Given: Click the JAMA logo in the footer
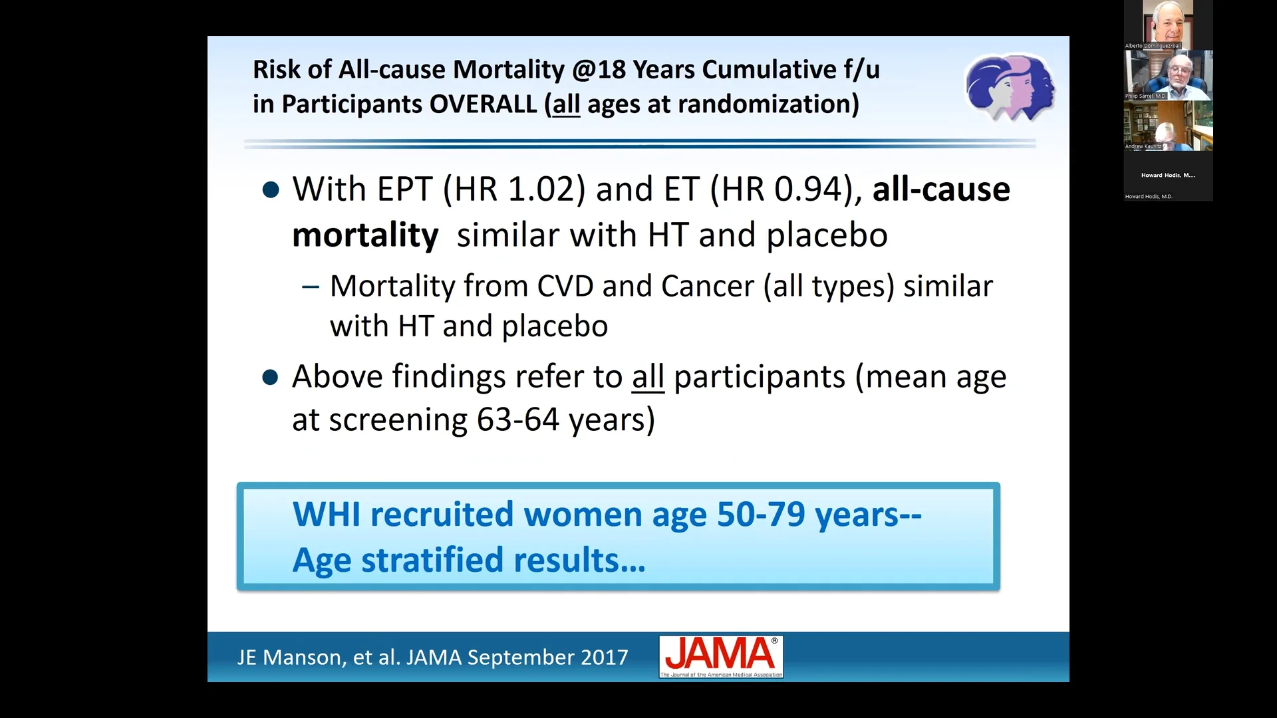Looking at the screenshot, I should [x=721, y=656].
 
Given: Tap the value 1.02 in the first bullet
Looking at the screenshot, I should [x=546, y=189].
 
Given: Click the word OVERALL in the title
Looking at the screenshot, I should [x=483, y=104].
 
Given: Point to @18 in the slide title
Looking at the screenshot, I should [x=599, y=70].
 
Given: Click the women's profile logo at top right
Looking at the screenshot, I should [x=1010, y=88].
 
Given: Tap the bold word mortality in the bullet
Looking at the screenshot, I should [x=365, y=235].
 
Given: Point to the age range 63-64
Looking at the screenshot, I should [x=518, y=420].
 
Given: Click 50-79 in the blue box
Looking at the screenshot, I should [x=761, y=515].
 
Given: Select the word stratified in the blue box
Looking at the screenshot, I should [x=432, y=560].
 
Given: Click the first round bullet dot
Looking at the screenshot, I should [x=271, y=191].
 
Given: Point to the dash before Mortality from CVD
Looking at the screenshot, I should [x=310, y=287].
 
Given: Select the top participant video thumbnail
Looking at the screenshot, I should [x=1168, y=24].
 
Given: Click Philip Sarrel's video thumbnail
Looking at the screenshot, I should [x=1168, y=74].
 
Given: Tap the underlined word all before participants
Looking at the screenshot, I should [x=648, y=377].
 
